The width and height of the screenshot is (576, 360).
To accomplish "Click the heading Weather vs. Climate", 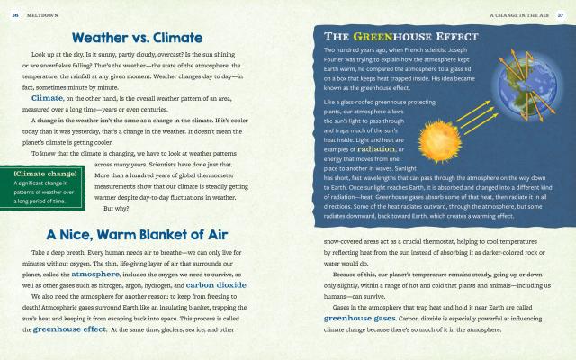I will coord(144,40).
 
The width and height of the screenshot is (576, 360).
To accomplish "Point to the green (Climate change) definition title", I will coord(45,171).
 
